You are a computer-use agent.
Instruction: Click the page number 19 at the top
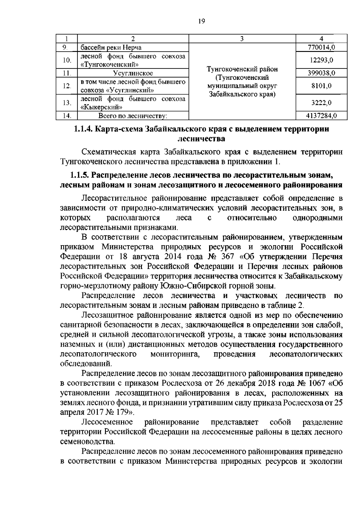202,22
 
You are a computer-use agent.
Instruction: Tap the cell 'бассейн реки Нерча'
109,47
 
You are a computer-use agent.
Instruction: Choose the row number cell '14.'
67,116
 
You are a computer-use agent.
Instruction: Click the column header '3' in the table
242,38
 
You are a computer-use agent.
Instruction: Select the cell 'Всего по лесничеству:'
133,116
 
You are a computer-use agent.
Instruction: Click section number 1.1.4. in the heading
83,129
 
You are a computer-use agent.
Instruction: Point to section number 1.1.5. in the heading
79,175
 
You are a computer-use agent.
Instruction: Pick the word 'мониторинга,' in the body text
175,354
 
